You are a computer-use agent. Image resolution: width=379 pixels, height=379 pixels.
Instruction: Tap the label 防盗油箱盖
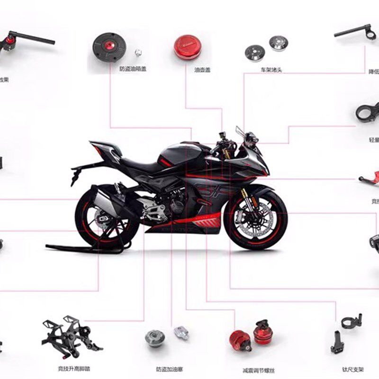pos(133,69)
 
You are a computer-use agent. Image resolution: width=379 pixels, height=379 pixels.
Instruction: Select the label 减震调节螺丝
pos(258,370)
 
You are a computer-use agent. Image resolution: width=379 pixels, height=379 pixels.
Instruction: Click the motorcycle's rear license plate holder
pos(74,175)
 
